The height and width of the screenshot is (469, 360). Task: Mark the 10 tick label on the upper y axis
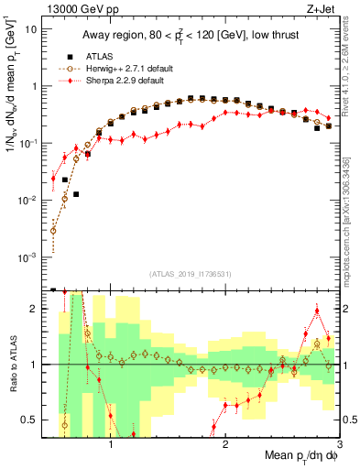coord(31,28)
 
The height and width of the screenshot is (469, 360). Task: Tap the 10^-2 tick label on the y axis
coord(29,200)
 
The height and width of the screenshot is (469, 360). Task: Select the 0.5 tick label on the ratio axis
coord(31,420)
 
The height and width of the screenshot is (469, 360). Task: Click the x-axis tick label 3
coord(340,439)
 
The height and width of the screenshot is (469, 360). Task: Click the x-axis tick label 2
coord(225,439)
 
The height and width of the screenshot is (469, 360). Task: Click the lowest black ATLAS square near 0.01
coord(76,194)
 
